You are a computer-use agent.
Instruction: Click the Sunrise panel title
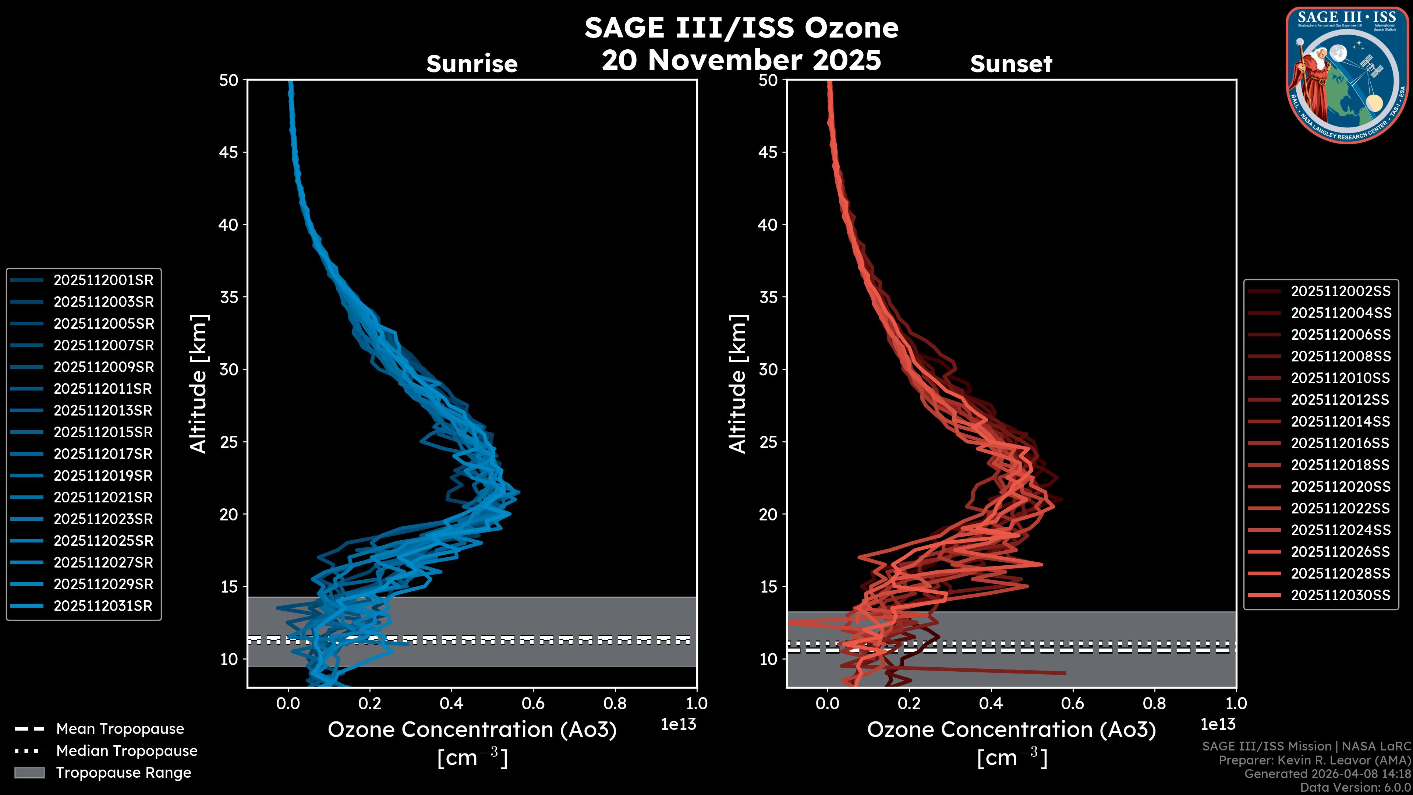click(x=472, y=64)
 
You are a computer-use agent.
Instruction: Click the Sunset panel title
click(x=1011, y=64)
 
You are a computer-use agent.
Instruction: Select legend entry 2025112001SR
click(x=103, y=280)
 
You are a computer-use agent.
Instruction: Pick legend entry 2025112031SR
click(x=103, y=606)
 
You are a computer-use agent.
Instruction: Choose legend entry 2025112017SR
click(x=103, y=454)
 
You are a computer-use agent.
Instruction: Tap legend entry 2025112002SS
click(x=1341, y=291)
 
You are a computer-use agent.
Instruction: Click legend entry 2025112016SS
click(x=1341, y=443)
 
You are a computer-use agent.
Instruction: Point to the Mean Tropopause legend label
click(x=120, y=729)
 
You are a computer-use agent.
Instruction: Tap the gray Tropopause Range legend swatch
click(x=29, y=773)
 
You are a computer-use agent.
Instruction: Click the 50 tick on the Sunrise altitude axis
click(x=229, y=81)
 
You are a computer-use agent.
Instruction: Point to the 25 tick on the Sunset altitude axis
click(x=768, y=442)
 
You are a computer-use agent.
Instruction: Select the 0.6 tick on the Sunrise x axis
click(x=533, y=703)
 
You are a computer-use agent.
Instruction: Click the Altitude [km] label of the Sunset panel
click(x=738, y=384)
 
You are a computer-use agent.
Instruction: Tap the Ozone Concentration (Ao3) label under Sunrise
click(x=472, y=730)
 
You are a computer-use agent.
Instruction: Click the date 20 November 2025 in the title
click(x=741, y=60)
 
